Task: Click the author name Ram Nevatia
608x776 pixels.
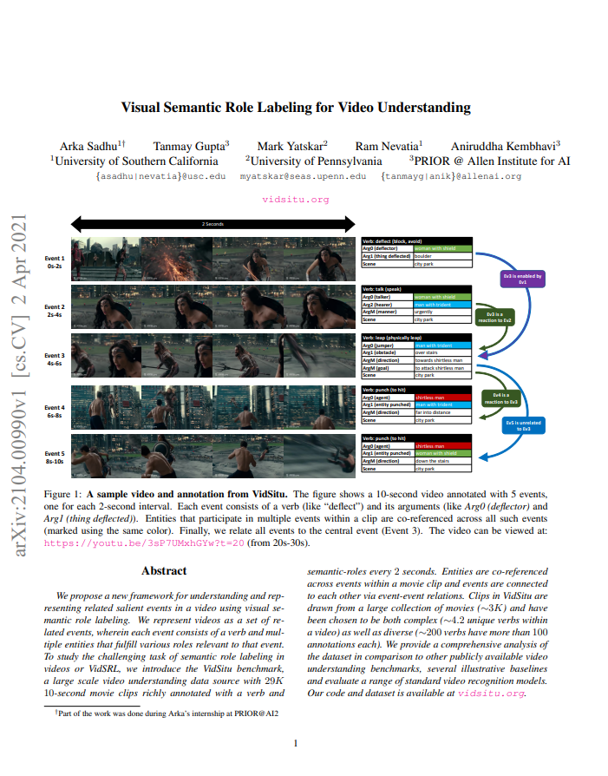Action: tap(387, 146)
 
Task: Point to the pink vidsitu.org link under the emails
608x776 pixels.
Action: tap(296, 199)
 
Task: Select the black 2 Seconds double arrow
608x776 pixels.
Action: tap(213, 224)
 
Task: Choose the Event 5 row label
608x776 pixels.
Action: tap(55, 457)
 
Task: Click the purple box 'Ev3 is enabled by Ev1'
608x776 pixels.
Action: tap(522, 279)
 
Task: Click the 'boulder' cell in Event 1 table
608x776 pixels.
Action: tap(442, 257)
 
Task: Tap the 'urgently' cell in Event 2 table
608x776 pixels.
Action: tap(442, 312)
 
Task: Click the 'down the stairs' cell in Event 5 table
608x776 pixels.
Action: tap(442, 461)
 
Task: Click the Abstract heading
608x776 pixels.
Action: tap(164, 570)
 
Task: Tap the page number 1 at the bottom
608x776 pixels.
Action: tap(295, 743)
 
